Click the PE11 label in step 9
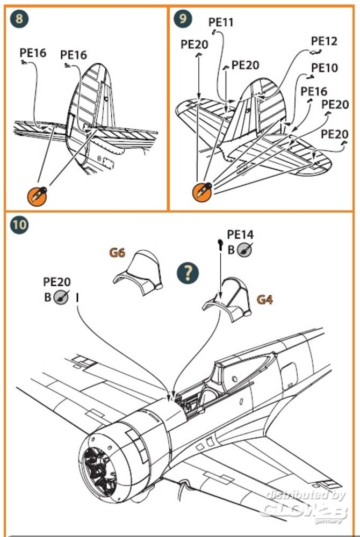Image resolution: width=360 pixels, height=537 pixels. pos(220,23)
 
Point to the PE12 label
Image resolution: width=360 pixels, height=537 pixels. pos(324,41)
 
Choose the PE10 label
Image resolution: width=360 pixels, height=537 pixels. pos(325,68)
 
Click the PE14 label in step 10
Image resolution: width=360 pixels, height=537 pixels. pos(240,235)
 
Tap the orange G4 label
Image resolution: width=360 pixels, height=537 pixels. pos(264,300)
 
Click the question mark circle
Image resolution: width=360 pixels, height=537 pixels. pos(188,273)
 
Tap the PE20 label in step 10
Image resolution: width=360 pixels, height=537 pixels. pos(56,282)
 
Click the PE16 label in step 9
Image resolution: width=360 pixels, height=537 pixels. pos(313,91)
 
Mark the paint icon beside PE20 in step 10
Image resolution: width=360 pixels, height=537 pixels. pos(61,296)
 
